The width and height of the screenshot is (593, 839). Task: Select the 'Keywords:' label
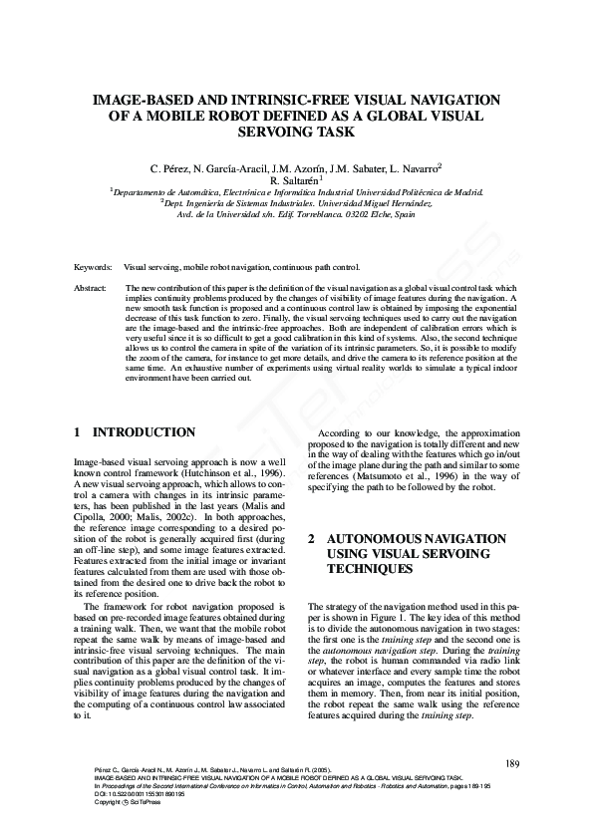pos(94,268)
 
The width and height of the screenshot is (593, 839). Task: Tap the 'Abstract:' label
pos(91,287)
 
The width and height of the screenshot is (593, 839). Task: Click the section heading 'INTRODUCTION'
pos(144,432)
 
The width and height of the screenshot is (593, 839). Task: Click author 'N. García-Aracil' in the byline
pos(227,167)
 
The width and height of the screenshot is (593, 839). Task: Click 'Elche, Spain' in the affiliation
pos(390,214)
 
